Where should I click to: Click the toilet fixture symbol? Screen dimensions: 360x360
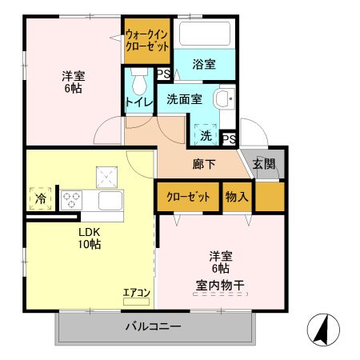click(x=139, y=81)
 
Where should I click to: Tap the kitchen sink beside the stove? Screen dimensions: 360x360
click(x=109, y=199)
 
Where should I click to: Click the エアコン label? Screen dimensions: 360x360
click(x=136, y=293)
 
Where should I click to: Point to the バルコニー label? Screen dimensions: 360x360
click(x=153, y=326)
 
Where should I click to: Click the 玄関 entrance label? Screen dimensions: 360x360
click(x=263, y=164)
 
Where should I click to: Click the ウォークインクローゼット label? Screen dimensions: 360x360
click(x=147, y=41)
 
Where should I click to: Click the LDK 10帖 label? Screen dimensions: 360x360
click(x=89, y=239)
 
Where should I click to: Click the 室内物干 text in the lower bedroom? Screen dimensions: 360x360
click(x=221, y=285)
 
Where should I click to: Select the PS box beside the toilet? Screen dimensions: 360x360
click(x=163, y=74)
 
